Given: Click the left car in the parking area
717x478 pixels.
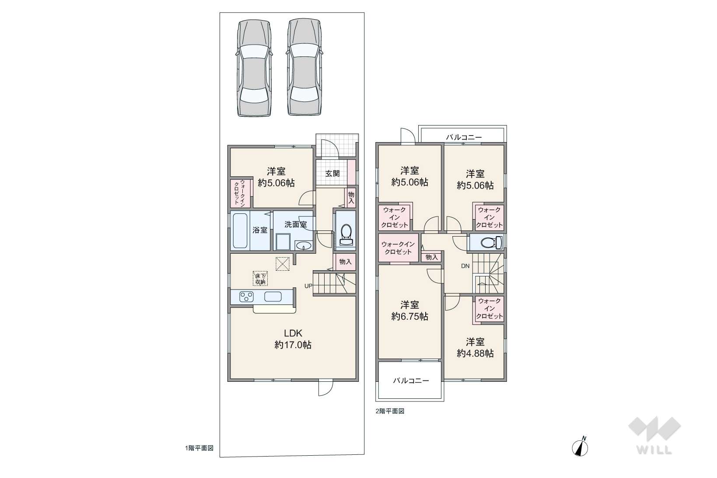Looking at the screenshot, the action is (x=255, y=67).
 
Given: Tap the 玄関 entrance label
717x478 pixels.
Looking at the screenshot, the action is (x=332, y=174).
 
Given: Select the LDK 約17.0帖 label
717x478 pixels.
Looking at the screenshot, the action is (x=293, y=339).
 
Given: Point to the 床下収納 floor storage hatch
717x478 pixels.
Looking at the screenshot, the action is (x=260, y=278).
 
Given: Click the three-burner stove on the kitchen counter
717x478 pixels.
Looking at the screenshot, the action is (x=246, y=297).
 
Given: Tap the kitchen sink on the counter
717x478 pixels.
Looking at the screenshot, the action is (x=273, y=297).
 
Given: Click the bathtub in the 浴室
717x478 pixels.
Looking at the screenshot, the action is (x=241, y=230).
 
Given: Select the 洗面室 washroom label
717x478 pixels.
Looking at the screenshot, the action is (x=295, y=225).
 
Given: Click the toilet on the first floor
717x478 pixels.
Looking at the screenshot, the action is (x=346, y=234).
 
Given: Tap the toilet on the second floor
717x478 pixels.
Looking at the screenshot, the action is (x=491, y=243).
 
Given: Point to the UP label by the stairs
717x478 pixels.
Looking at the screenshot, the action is (x=308, y=286).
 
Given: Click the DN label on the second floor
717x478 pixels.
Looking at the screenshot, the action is (x=465, y=266).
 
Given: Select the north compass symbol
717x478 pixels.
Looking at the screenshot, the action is (x=580, y=447).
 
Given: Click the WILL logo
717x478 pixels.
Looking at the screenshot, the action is (x=654, y=435).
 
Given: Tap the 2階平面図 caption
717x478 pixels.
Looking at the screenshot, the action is (x=390, y=411).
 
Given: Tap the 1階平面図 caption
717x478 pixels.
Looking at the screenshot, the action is (x=199, y=448).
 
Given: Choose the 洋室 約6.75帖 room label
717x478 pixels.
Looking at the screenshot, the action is (x=410, y=311).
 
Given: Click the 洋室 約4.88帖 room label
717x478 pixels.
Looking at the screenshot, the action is (x=475, y=348).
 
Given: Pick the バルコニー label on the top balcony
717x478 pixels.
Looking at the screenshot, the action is (x=464, y=137).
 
